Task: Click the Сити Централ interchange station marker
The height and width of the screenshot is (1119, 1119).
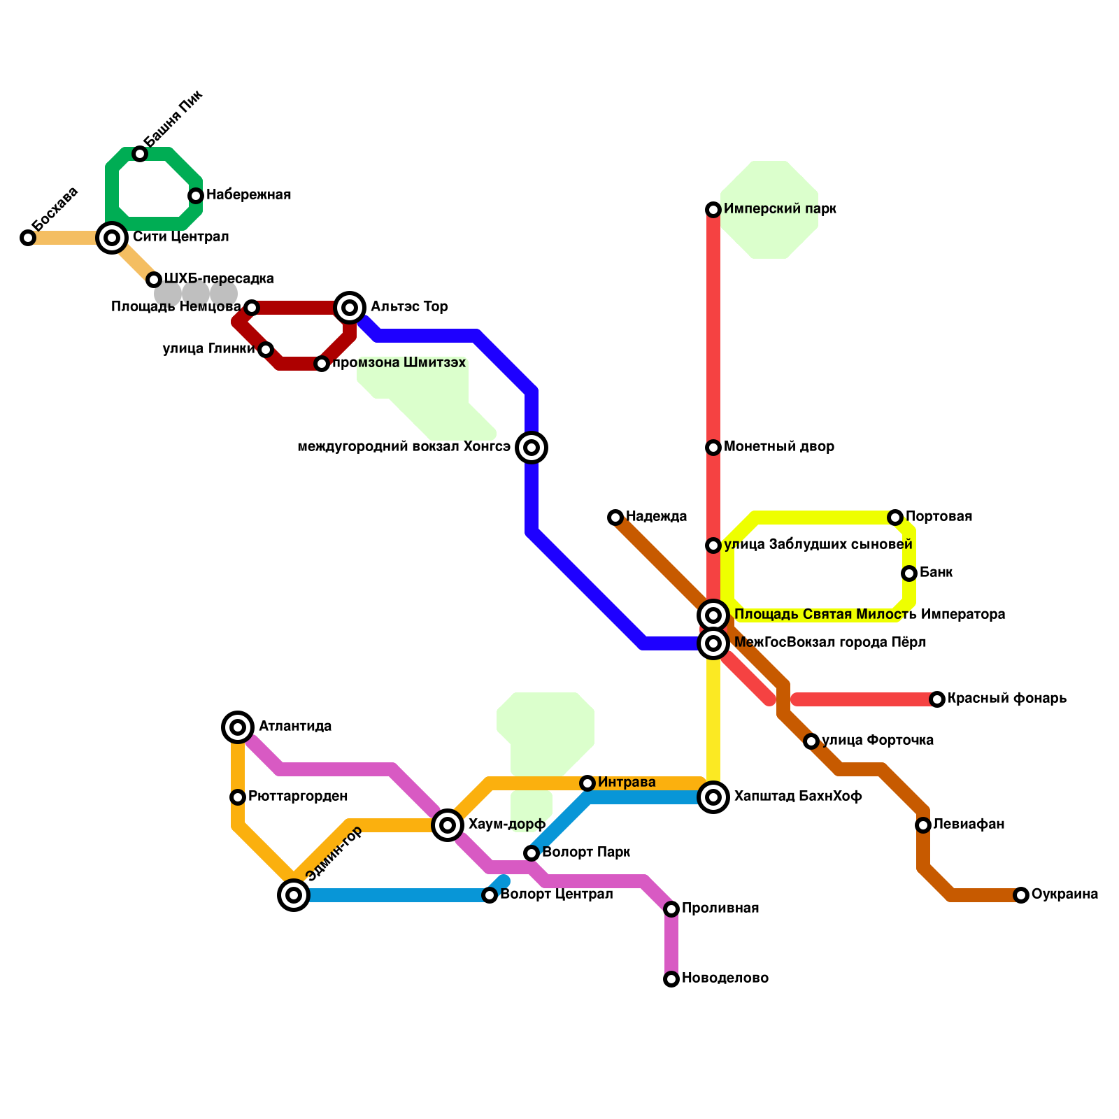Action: (x=112, y=238)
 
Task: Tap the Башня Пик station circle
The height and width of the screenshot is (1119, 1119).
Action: (x=140, y=154)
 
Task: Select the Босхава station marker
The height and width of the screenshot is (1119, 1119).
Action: (x=28, y=238)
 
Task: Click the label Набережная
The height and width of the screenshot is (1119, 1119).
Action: (x=248, y=195)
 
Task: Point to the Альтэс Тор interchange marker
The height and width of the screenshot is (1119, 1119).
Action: (x=350, y=308)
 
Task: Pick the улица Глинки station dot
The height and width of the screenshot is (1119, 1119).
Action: (x=266, y=350)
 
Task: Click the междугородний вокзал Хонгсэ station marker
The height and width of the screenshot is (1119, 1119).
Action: (x=532, y=448)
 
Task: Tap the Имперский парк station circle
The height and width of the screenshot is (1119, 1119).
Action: (x=713, y=210)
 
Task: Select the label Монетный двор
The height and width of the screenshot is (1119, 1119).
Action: (x=779, y=447)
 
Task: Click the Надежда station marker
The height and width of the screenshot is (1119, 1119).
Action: (x=615, y=518)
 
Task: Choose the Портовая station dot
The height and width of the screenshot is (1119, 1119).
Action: (x=895, y=518)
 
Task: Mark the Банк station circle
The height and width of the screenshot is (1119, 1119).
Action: (x=909, y=573)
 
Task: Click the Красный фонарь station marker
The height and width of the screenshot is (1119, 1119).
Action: (x=937, y=699)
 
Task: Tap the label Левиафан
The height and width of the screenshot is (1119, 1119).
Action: (x=969, y=825)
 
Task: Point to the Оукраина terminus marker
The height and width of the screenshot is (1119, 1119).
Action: (x=1021, y=895)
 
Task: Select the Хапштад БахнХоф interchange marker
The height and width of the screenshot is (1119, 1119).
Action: (x=713, y=797)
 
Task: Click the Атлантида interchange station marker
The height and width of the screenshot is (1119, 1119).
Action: (x=238, y=727)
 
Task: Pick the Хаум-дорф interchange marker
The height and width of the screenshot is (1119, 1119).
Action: (x=448, y=825)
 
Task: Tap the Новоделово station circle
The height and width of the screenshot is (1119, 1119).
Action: (x=671, y=979)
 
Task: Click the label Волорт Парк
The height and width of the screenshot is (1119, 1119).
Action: (x=586, y=853)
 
